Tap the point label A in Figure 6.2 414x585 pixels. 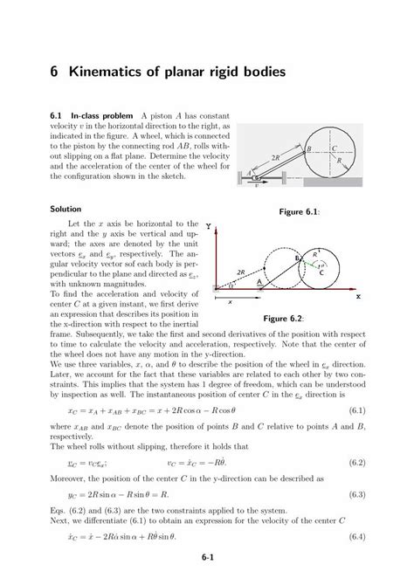coord(259,283)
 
